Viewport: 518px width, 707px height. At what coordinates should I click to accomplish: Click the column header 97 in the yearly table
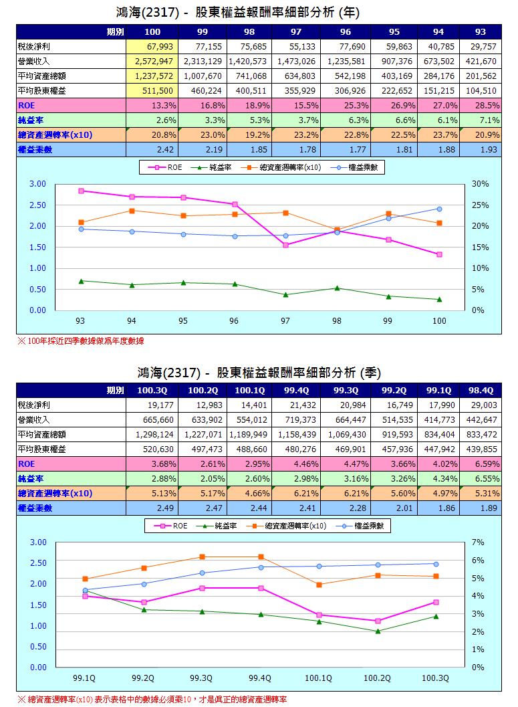tap(295, 32)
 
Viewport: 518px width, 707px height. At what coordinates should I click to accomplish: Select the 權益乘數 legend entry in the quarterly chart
tap(361, 526)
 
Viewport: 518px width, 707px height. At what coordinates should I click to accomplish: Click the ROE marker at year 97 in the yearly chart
tap(285, 245)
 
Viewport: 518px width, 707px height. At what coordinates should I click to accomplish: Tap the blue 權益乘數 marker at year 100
tap(439, 209)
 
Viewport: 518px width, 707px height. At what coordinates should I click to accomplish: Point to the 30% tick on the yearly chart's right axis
tap(481, 184)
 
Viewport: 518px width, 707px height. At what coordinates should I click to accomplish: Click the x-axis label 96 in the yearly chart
tap(234, 322)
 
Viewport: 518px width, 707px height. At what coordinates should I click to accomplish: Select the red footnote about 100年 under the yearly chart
tap(80, 341)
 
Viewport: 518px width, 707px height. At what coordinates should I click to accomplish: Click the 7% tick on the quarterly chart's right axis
tap(478, 542)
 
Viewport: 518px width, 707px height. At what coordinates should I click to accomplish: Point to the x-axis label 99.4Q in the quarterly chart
tap(260, 678)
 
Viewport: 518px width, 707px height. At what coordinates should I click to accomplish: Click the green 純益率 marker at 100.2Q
tap(378, 631)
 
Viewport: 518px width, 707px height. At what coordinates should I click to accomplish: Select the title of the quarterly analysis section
tap(259, 372)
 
